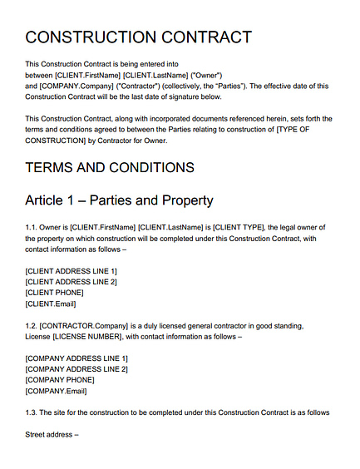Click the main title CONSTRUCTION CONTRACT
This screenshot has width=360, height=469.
(x=138, y=37)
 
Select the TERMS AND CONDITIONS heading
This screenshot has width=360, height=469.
(x=110, y=167)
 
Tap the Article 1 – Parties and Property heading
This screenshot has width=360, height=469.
(x=119, y=200)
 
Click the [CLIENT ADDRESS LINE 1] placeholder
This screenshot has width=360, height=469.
(x=72, y=271)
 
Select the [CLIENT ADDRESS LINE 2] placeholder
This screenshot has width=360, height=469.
(x=72, y=282)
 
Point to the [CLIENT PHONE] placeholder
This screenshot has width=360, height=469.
(x=54, y=293)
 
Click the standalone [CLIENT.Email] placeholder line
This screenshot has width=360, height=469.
(x=51, y=304)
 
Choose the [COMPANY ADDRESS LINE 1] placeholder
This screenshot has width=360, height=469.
(x=76, y=358)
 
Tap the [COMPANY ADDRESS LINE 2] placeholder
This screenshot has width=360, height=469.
(x=76, y=369)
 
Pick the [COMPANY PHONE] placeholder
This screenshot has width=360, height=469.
(x=59, y=380)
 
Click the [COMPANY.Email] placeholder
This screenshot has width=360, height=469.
(x=56, y=391)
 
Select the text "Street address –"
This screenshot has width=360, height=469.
(x=52, y=434)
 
